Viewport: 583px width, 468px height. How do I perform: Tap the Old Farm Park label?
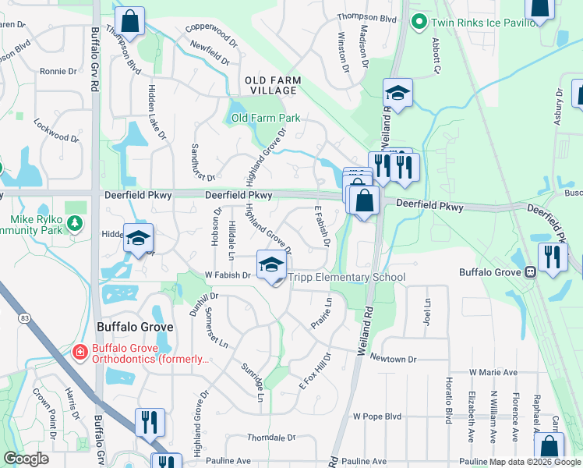(x=266, y=119)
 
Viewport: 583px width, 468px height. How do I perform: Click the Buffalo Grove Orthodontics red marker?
(x=79, y=353)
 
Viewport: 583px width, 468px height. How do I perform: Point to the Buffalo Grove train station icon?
(x=529, y=272)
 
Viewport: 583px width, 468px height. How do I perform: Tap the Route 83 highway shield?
(x=26, y=317)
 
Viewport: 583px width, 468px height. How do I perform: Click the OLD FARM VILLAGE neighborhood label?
(x=270, y=85)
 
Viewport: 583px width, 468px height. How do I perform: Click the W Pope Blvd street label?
(x=377, y=417)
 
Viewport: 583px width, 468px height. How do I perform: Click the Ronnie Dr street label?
(x=58, y=71)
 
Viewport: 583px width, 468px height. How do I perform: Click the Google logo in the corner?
(x=26, y=458)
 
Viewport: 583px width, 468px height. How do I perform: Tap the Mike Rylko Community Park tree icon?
(x=75, y=225)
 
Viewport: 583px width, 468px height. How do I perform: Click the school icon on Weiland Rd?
(x=397, y=94)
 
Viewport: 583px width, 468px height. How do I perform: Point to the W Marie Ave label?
(x=493, y=373)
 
